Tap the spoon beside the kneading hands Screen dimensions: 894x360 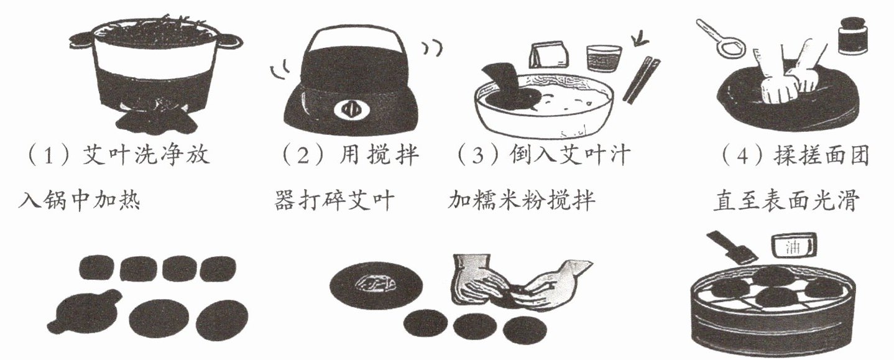coord(721,39)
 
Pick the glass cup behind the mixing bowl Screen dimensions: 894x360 coord(604,58)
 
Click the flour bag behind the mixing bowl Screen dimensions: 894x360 coord(550,55)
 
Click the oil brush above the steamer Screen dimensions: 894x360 coord(731,247)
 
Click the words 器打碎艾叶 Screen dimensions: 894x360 coord(334,201)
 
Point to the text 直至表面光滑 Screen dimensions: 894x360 coord(786,201)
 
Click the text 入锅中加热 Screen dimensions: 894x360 coord(79,200)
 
